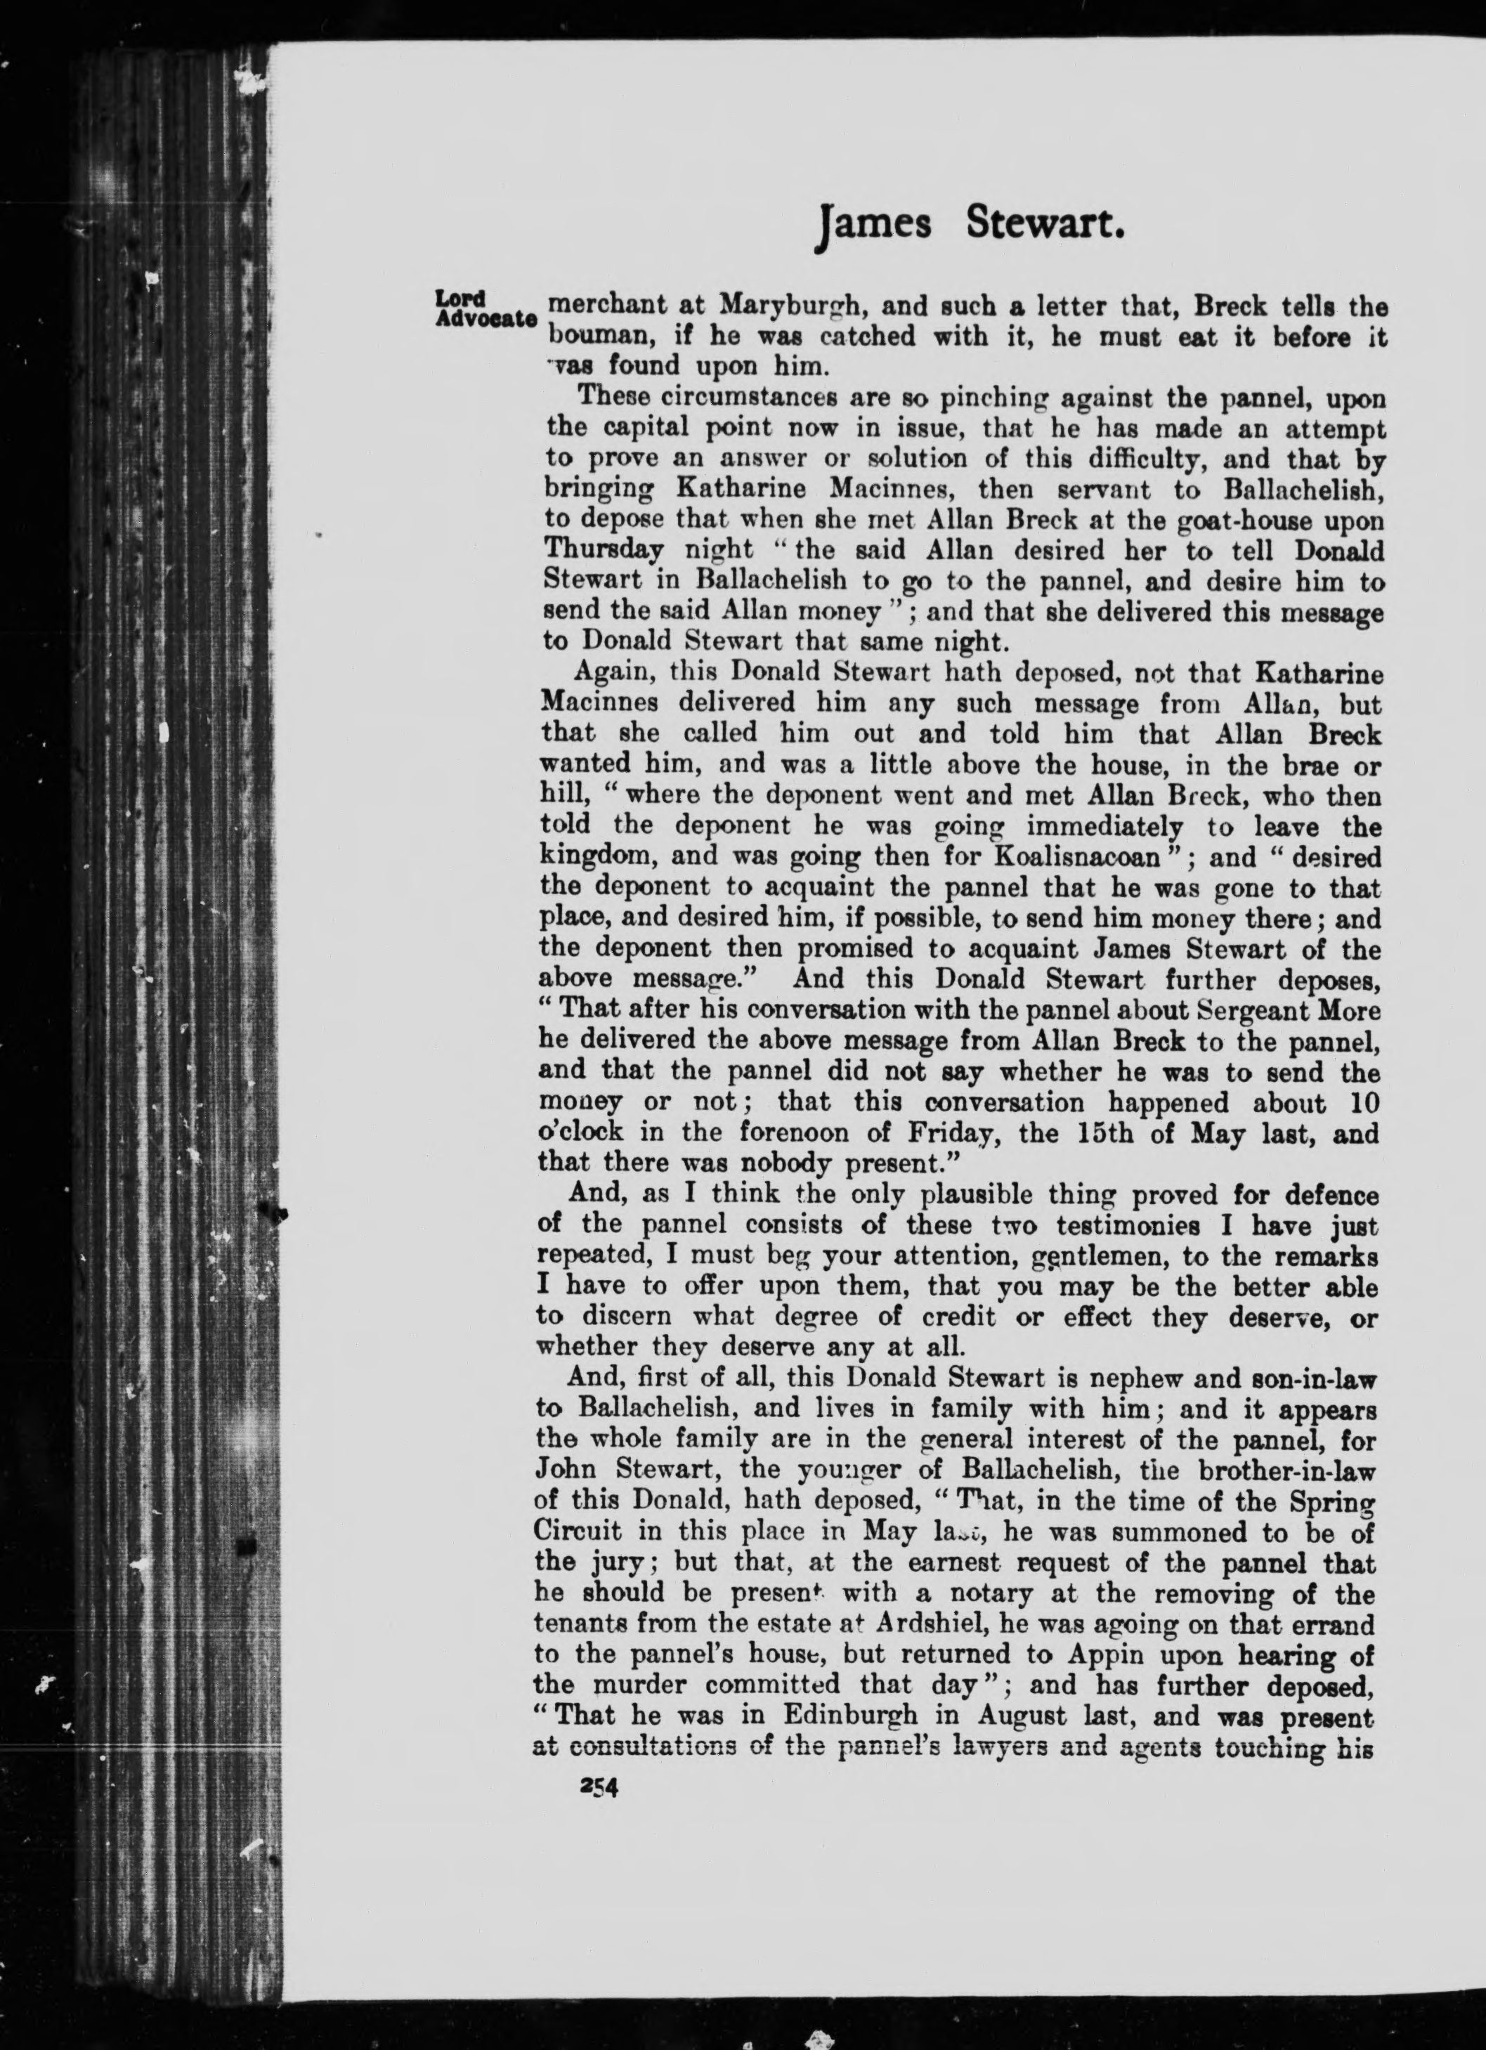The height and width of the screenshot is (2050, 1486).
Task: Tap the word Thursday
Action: pos(604,551)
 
